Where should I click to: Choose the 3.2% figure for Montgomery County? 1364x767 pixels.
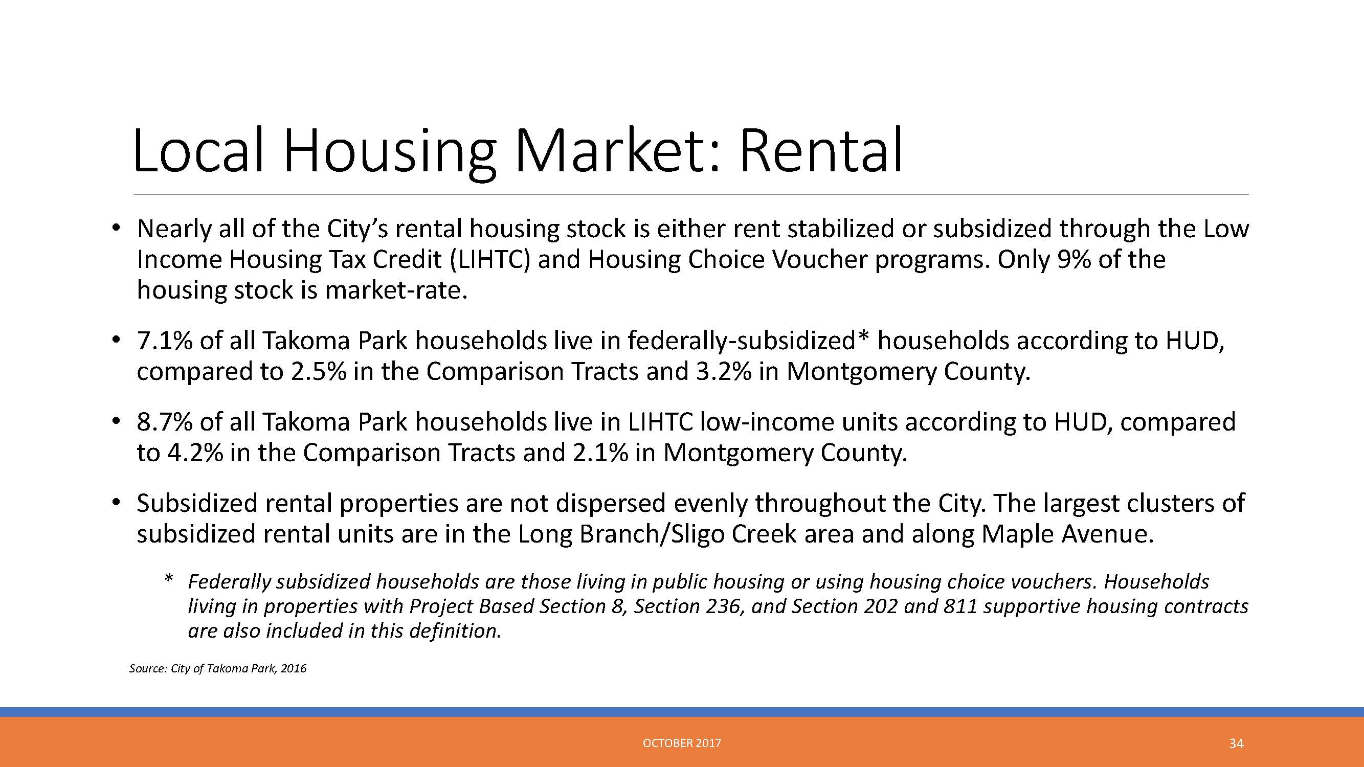(x=723, y=371)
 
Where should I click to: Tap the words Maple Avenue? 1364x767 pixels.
(x=1067, y=533)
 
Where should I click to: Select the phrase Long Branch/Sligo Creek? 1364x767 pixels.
(x=657, y=533)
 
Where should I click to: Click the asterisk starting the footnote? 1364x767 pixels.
(x=169, y=578)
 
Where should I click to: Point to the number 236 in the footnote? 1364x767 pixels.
(x=725, y=606)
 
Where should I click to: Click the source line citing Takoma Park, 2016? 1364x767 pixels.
(x=218, y=668)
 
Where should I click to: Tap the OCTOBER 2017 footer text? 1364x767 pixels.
(x=681, y=743)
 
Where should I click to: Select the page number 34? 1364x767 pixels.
(x=1236, y=743)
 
